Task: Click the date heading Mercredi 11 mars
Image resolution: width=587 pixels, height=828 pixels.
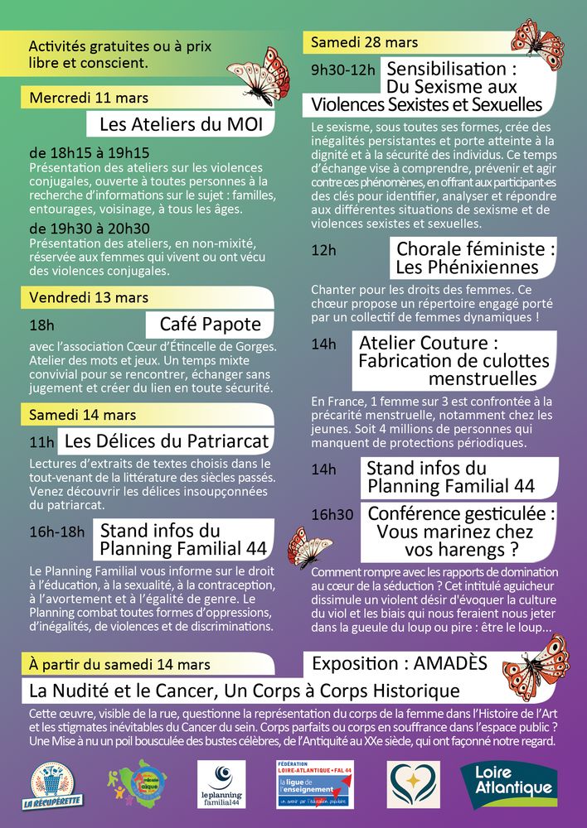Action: coord(89,98)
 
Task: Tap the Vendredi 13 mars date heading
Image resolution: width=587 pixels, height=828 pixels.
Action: coord(89,297)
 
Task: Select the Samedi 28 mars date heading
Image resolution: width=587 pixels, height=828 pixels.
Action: coord(365,42)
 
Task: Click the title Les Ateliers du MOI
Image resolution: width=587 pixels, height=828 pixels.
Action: coord(180,125)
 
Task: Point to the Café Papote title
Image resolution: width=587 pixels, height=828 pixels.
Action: coord(210,324)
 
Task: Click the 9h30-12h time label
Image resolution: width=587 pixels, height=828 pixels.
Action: coord(343,70)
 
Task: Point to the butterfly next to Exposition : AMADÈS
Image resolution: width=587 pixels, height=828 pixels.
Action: coord(536,667)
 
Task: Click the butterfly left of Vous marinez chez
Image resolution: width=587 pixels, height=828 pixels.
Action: coord(309,548)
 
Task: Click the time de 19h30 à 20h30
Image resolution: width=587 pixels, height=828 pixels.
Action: coord(89,229)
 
